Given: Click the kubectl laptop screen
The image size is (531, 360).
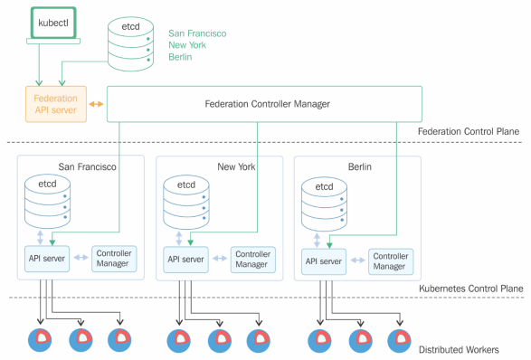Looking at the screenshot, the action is click(x=53, y=23).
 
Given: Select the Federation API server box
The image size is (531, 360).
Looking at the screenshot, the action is click(x=56, y=104).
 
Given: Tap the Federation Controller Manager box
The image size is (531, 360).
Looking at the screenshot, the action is click(x=264, y=104).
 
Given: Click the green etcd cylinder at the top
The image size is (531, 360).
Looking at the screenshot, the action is click(x=131, y=44).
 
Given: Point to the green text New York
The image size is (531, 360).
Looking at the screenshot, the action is click(x=187, y=45).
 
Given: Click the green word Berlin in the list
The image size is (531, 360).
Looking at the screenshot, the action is click(x=180, y=57).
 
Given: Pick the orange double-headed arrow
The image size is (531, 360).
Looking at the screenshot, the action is click(x=96, y=104).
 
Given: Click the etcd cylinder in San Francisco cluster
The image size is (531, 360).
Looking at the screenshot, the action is click(x=47, y=201).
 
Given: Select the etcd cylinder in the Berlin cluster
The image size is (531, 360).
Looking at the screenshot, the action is click(x=324, y=204).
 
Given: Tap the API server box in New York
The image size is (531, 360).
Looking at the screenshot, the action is click(x=186, y=260).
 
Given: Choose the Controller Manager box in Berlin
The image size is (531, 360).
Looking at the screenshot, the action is click(x=391, y=261).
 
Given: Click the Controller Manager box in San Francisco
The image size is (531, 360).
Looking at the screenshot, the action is click(x=114, y=259).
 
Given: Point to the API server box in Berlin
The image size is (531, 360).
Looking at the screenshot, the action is click(x=324, y=261).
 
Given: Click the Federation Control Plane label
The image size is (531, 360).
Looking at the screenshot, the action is click(x=469, y=131).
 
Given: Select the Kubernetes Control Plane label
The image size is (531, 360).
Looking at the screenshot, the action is click(x=471, y=289).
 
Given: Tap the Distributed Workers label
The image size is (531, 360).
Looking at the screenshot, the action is click(x=459, y=349).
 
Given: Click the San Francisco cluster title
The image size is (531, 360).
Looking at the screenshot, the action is click(x=88, y=166).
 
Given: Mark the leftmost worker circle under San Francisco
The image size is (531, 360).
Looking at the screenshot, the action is click(x=40, y=340).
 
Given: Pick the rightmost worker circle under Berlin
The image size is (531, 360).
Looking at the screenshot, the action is click(x=399, y=341).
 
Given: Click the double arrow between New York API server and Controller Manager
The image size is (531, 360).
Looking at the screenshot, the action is click(x=220, y=259).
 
